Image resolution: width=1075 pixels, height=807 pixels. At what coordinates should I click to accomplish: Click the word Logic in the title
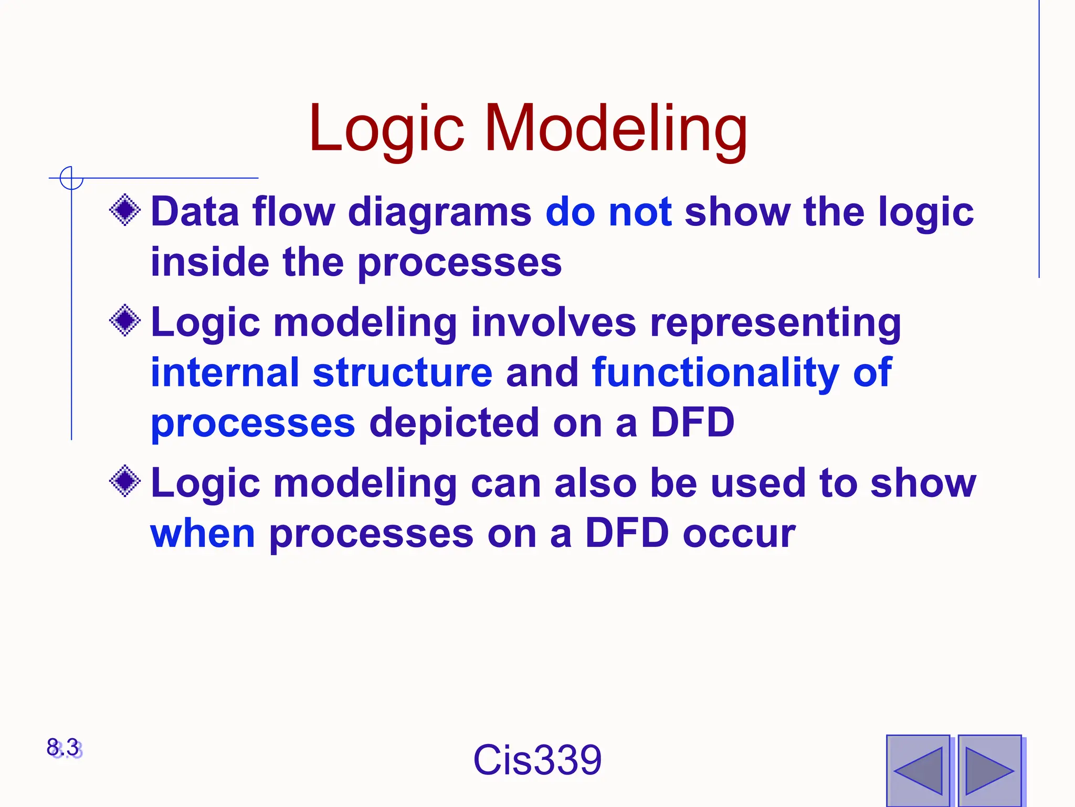[x=386, y=129]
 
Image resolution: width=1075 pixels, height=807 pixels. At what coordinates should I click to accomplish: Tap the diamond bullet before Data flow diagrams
[x=125, y=211]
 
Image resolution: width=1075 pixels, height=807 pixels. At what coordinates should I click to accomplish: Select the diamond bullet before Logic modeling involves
[x=125, y=320]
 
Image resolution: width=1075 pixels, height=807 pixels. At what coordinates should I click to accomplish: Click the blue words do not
[x=608, y=212]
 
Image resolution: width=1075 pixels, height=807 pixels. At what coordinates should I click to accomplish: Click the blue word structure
[x=403, y=373]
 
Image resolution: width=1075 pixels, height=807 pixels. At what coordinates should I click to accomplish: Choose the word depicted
[x=454, y=423]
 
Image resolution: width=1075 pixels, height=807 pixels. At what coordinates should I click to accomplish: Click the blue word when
[x=203, y=534]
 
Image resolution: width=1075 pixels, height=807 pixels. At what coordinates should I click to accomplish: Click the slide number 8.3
[x=64, y=748]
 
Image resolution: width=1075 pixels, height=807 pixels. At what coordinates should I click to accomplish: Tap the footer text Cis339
[x=537, y=760]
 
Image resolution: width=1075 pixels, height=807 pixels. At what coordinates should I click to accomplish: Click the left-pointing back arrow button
[x=918, y=770]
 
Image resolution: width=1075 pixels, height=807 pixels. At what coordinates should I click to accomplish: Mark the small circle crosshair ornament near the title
[x=71, y=178]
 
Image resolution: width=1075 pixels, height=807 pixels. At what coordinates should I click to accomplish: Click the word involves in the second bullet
[x=553, y=322]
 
